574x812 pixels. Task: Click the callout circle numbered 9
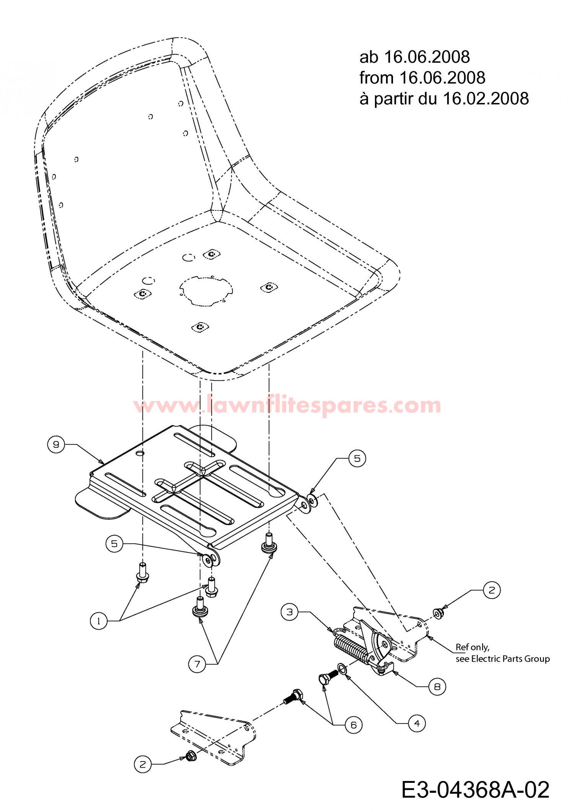[x=56, y=445]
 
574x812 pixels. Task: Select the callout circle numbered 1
[x=99, y=621]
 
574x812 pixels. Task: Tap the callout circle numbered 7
[x=197, y=664]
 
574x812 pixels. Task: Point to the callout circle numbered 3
[x=290, y=612]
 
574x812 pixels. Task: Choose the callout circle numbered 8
[x=437, y=687]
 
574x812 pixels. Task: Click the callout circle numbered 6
[x=353, y=725]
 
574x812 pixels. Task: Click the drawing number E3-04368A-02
[x=476, y=789]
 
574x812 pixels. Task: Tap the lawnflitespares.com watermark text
[x=287, y=405]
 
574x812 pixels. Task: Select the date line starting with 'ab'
[x=414, y=57]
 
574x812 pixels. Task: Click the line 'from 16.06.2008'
[x=422, y=78]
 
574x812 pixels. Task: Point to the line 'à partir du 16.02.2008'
[x=444, y=98]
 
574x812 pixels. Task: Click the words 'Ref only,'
[x=472, y=647]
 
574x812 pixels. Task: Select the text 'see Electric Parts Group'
[x=502, y=659]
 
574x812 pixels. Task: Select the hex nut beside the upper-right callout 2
[x=437, y=614]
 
